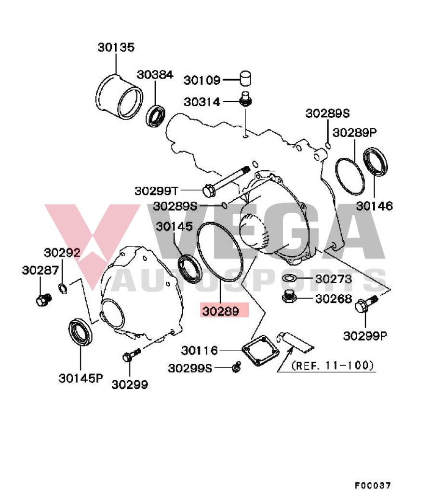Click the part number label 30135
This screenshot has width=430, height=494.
coord(116,47)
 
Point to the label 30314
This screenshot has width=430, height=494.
coord(202,102)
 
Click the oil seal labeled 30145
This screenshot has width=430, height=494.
coord(190,269)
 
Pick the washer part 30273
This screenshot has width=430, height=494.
coord(289,278)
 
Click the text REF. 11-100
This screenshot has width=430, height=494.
coord(333,366)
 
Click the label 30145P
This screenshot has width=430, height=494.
coord(81,378)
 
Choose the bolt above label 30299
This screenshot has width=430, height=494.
coord(131,356)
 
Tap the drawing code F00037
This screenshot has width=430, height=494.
coord(373,485)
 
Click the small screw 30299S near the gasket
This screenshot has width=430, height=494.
coord(236,368)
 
